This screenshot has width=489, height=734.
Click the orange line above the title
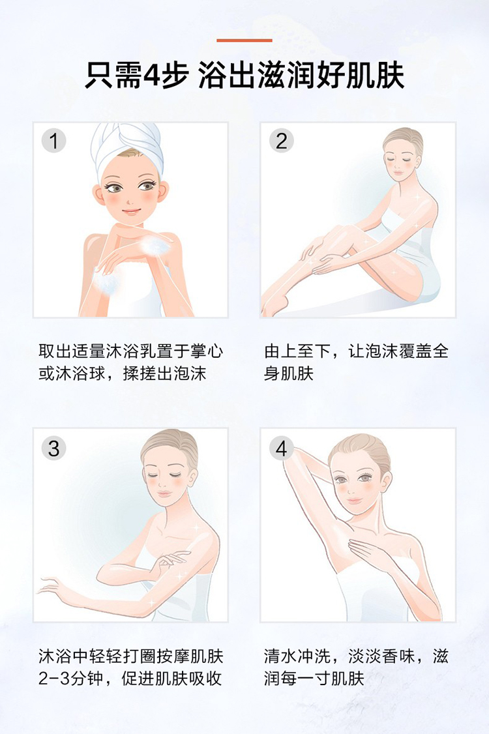pos(244,40)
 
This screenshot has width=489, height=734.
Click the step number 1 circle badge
pos(53,140)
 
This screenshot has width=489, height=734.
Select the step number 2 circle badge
pos(281,140)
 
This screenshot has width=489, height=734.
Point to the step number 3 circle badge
pos(53,448)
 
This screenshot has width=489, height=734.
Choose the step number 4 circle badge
pos(281,448)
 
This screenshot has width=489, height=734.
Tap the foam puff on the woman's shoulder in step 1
pos(152,244)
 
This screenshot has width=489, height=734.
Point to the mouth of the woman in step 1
pos(131,212)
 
